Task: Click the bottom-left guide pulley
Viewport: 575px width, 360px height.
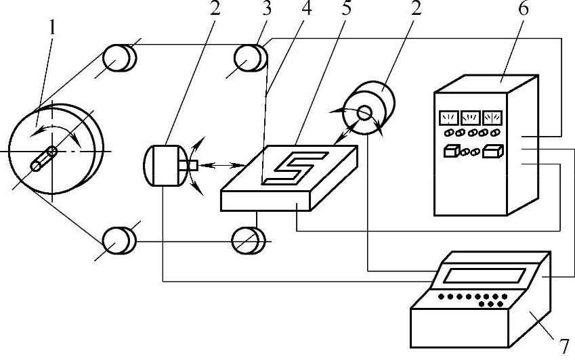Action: click(118, 240)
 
